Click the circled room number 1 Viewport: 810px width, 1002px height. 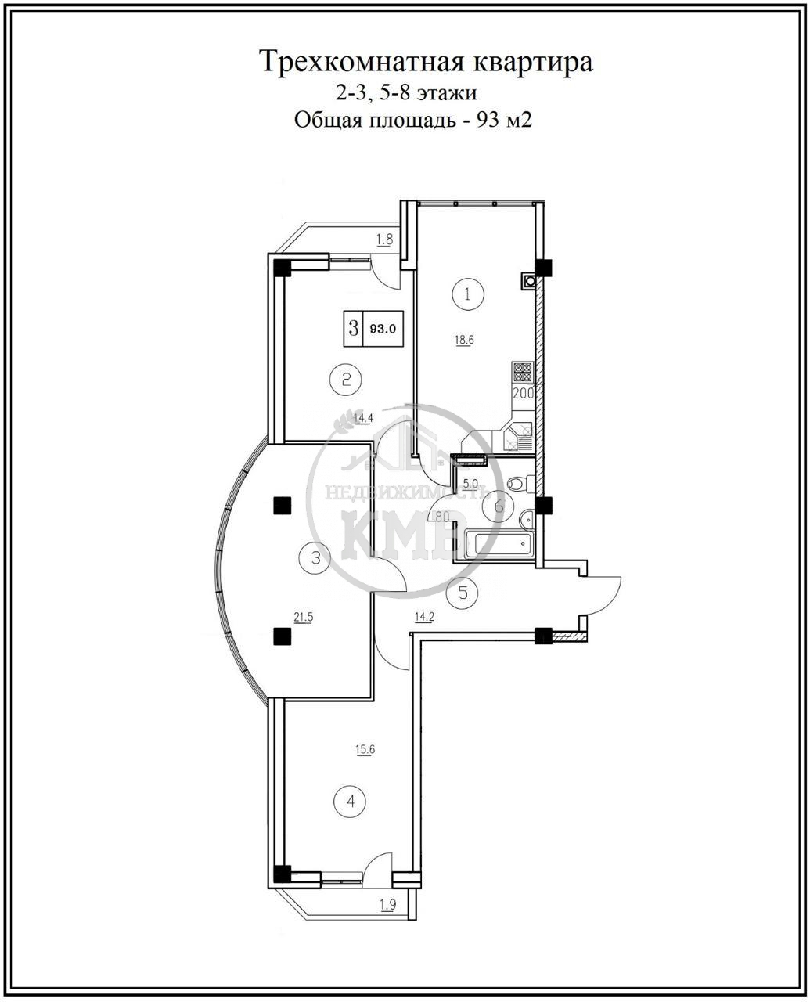(467, 294)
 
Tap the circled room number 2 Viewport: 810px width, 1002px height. (346, 380)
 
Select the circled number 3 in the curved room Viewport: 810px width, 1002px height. (315, 558)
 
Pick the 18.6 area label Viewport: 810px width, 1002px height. (464, 340)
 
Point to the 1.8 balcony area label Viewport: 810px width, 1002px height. (384, 239)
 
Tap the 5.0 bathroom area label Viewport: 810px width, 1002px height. (470, 483)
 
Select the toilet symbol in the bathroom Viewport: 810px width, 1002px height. (520, 483)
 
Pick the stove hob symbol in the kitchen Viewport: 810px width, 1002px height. (523, 372)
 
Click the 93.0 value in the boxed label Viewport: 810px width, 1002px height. (383, 329)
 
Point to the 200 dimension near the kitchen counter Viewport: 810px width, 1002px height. (523, 393)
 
